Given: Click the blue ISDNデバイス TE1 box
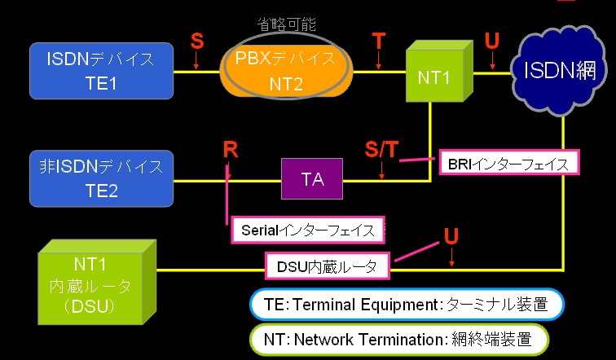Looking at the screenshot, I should pyautogui.click(x=103, y=70).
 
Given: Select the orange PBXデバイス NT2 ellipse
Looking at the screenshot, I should pyautogui.click(x=286, y=71).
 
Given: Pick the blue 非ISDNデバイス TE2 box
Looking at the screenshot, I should pyautogui.click(x=102, y=178).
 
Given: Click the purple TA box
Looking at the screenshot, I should pyautogui.click(x=312, y=179).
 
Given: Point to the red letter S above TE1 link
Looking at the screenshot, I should pyautogui.click(x=196, y=39).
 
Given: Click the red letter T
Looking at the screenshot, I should pyautogui.click(x=378, y=40).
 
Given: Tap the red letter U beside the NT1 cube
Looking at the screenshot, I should pyautogui.click(x=491, y=40).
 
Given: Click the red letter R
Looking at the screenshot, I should pyautogui.click(x=231, y=149).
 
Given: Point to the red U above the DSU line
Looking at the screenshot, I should pyautogui.click(x=451, y=236).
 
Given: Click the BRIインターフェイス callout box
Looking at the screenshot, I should pyautogui.click(x=508, y=163).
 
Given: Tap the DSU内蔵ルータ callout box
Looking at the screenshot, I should pyautogui.click(x=327, y=265).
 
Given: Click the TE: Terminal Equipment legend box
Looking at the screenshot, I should pyautogui.click(x=405, y=305).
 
